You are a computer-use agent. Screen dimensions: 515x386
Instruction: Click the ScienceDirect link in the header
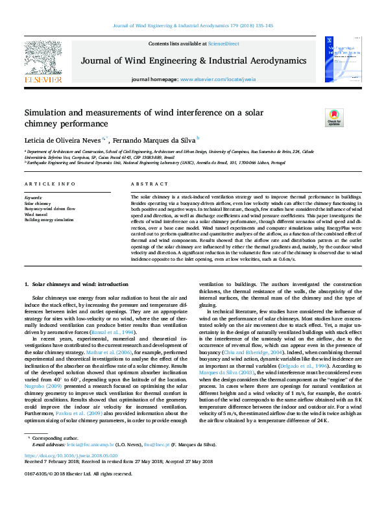(223, 43)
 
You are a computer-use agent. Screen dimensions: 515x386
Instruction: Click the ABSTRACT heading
(145, 185)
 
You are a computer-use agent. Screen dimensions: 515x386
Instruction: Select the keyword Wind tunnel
(36, 215)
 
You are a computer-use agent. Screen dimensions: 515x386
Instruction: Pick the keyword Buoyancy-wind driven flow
(50, 209)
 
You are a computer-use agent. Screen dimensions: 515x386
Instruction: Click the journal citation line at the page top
(193, 26)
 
